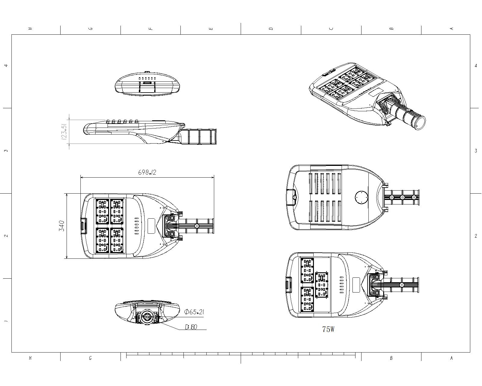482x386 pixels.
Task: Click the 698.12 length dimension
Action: (x=147, y=172)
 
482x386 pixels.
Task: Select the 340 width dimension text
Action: (x=62, y=226)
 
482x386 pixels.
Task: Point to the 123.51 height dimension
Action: (x=64, y=131)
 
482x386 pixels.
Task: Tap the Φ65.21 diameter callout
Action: (x=194, y=312)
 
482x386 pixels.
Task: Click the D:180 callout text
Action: (x=191, y=327)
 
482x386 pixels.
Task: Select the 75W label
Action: (x=328, y=329)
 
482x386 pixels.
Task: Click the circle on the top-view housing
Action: (x=361, y=197)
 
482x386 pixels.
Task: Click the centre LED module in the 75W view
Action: (x=322, y=285)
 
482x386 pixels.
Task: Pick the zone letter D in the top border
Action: (x=271, y=29)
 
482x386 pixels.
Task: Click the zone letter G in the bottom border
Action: (x=90, y=358)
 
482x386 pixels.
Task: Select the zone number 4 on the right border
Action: (x=476, y=66)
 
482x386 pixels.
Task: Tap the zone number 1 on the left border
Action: (x=6, y=321)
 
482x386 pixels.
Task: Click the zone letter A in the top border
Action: (x=451, y=29)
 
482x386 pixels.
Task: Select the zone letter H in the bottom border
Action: (x=30, y=358)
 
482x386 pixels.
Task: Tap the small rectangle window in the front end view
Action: (x=147, y=82)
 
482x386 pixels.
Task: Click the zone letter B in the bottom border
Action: (x=391, y=358)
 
